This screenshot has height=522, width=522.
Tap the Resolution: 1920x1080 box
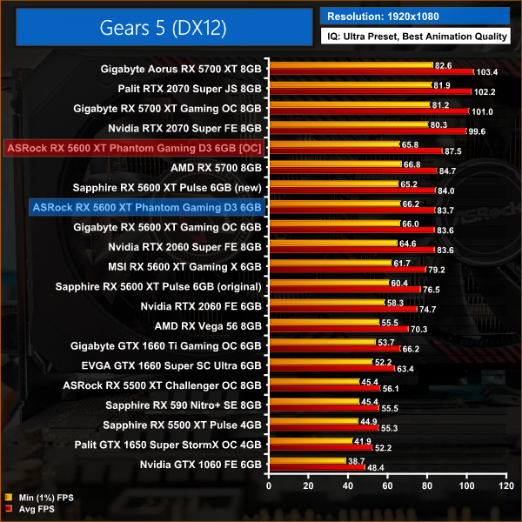click(414, 16)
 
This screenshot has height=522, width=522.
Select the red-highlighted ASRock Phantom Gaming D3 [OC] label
click(135, 148)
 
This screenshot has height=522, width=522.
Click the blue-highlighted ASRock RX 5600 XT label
click(146, 208)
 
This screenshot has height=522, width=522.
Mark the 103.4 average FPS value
click(488, 71)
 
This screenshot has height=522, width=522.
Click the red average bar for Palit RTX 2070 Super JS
click(371, 91)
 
